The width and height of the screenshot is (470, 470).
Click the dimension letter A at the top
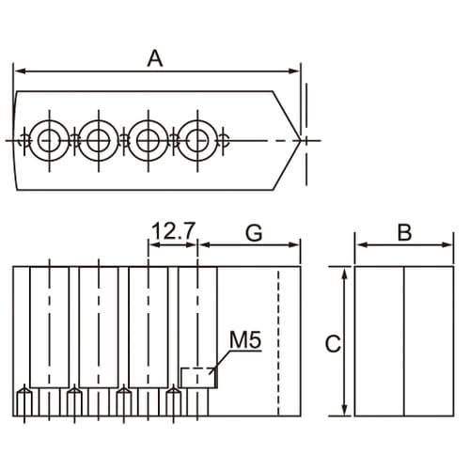(x=155, y=58)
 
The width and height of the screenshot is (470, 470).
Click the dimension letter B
(x=404, y=232)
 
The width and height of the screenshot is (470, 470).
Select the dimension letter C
(x=333, y=344)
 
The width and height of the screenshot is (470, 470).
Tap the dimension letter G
(x=254, y=233)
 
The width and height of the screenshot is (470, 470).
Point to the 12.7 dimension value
(x=174, y=231)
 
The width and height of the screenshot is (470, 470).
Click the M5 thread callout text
(x=245, y=339)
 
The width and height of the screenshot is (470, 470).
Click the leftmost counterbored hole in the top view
(x=49, y=141)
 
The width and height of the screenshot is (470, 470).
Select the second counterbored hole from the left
(x=99, y=141)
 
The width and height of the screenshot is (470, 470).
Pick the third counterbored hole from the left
(x=149, y=141)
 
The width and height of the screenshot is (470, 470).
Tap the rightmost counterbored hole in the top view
(x=197, y=141)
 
